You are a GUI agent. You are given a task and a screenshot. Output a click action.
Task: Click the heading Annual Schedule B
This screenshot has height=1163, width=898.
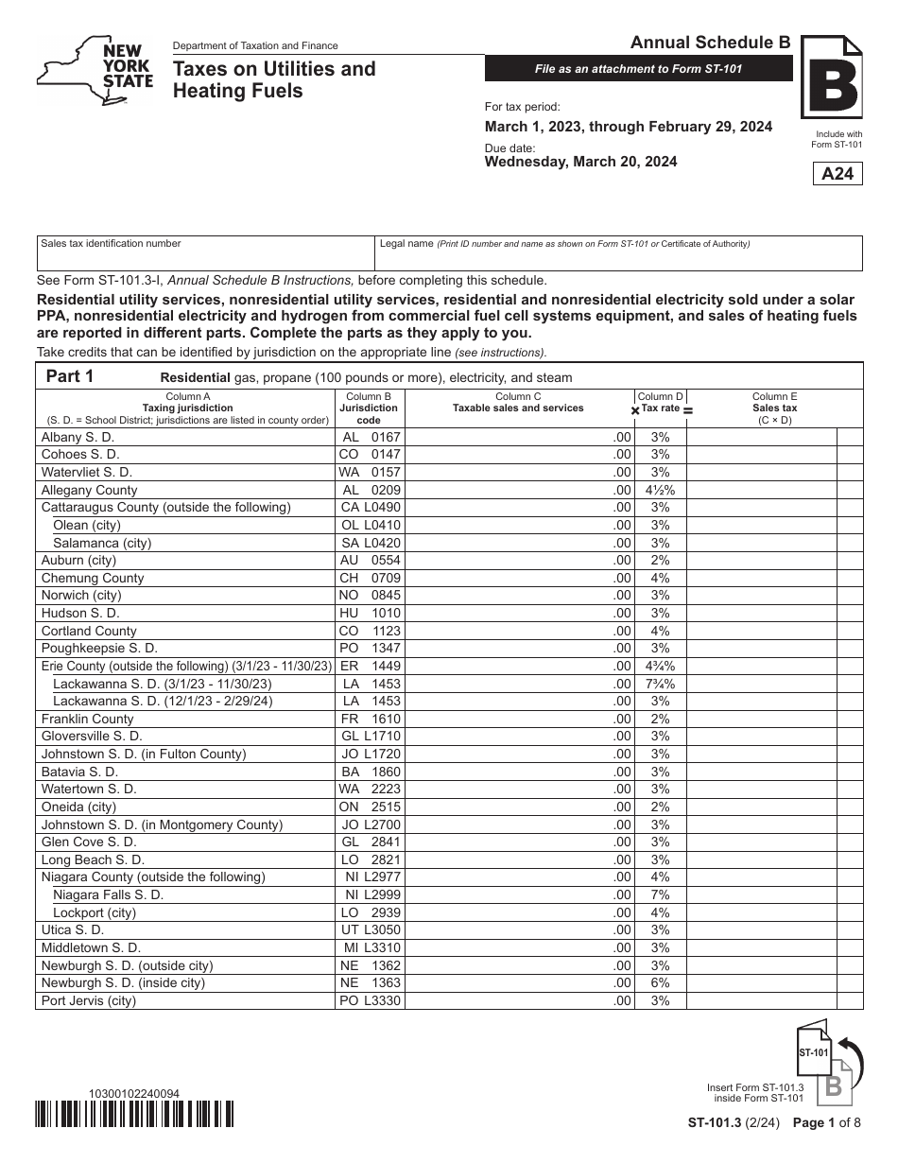coord(710,42)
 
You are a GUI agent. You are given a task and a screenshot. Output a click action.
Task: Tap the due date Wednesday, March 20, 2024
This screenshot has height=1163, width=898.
coord(580,162)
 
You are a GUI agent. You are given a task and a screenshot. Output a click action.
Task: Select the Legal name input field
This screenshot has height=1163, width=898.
coord(618,253)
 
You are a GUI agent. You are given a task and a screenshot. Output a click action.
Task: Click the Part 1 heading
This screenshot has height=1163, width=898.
coord(70,376)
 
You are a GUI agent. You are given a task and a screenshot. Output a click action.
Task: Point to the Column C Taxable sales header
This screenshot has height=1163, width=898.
coord(518,403)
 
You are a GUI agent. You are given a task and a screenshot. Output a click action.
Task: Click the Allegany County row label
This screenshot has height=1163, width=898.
coord(90,490)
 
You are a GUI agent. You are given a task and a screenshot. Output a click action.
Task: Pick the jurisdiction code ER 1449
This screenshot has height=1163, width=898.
coord(370,666)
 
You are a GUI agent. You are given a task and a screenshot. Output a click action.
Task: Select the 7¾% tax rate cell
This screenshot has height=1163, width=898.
coord(660,684)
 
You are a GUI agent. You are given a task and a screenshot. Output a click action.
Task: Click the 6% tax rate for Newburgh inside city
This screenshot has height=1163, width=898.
coord(660,982)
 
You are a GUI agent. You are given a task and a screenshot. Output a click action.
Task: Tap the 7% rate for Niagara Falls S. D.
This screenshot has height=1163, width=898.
coord(660,894)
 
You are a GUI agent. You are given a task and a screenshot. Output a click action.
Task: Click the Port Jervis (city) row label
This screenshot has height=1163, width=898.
coord(89,1000)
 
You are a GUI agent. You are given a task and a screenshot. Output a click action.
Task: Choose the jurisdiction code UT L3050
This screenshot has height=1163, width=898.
coord(370,929)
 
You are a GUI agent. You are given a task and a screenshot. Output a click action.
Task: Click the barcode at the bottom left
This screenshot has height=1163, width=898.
coord(134,1116)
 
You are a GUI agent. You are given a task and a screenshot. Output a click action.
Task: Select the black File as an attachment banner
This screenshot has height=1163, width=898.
coord(638,69)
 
